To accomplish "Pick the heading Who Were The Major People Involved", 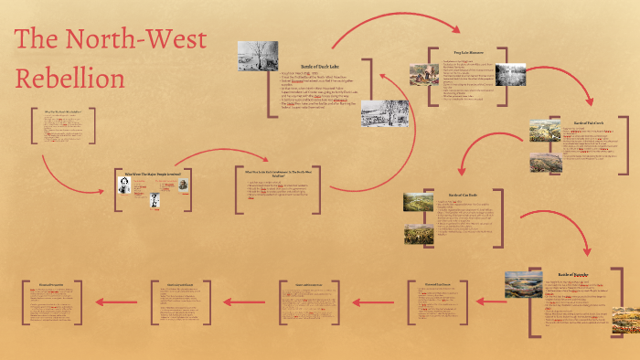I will [154, 172].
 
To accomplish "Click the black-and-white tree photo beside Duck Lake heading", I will [258, 57].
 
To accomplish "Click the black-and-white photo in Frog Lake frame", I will [510, 73].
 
